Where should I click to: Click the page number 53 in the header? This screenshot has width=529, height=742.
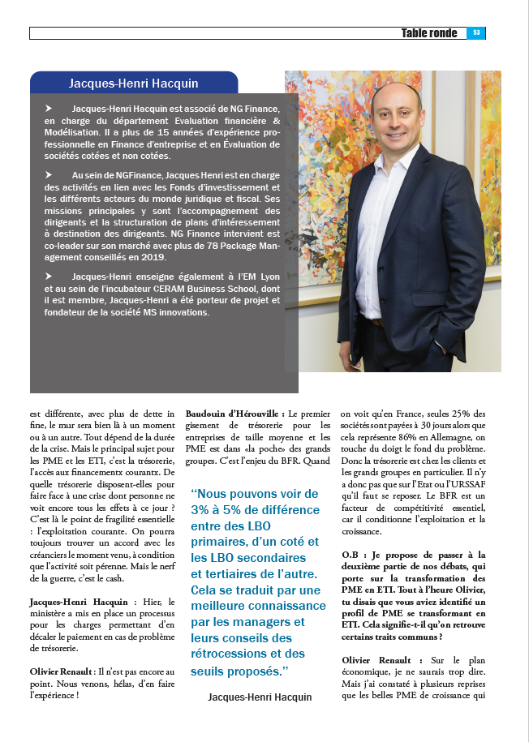pyautogui.click(x=476, y=33)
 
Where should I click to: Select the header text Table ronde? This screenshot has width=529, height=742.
pyautogui.click(x=429, y=33)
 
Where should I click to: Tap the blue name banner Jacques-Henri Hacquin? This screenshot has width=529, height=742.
pyautogui.click(x=134, y=83)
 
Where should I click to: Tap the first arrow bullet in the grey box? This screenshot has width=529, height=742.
pyautogui.click(x=49, y=108)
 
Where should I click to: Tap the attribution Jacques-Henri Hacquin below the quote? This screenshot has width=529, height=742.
pyautogui.click(x=260, y=697)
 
